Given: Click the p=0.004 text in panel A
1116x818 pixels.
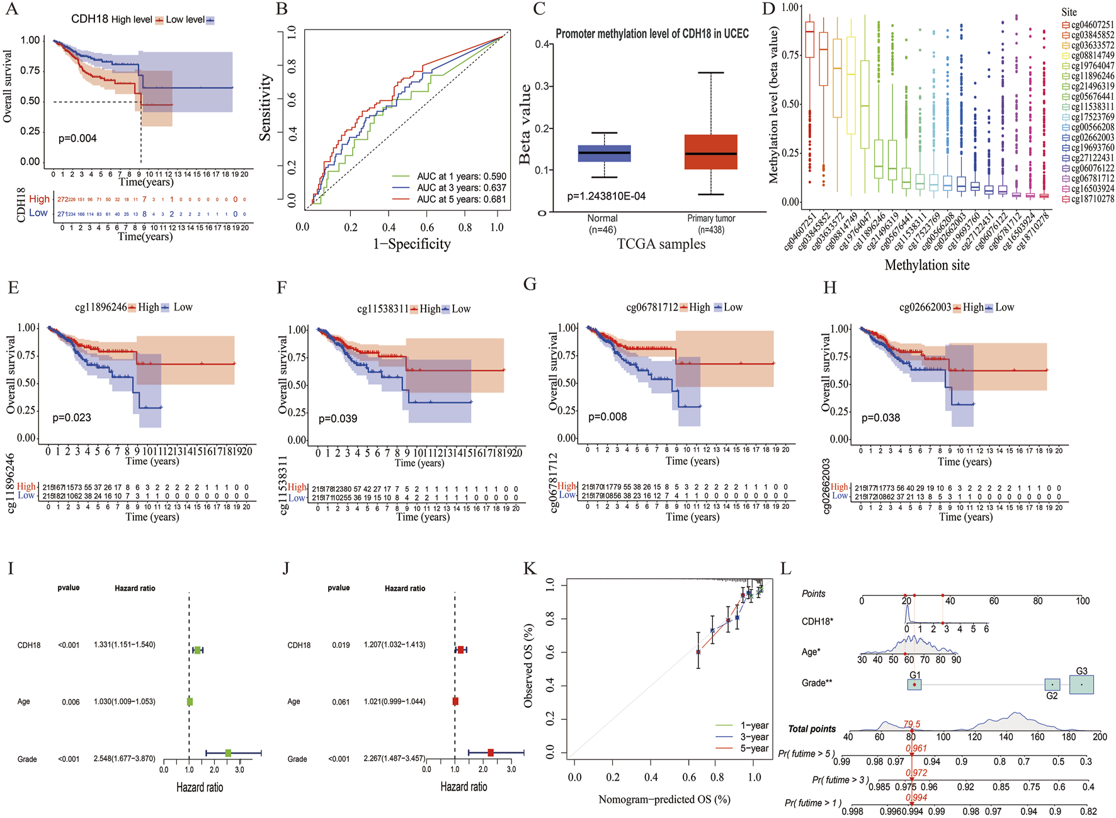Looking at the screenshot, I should tap(77, 139).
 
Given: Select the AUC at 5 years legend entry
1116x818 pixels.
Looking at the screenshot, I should tap(461, 199).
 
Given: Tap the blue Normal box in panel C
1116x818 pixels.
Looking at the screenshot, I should tap(604, 153).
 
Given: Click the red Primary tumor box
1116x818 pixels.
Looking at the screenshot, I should tap(710, 152).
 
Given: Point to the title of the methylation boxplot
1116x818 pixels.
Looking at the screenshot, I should tap(652, 34).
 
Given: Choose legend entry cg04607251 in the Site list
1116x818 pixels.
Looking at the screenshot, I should tap(1091, 25).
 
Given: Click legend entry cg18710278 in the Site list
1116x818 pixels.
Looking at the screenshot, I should tap(1091, 199).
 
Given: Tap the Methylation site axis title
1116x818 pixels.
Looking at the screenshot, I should tap(927, 265).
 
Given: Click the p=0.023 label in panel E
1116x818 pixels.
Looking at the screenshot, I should tap(72, 418).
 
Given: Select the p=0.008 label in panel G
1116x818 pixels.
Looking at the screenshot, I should tap(607, 417).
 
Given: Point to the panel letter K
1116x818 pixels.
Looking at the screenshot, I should tap(530, 569).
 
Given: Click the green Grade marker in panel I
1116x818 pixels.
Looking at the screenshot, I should tap(228, 753).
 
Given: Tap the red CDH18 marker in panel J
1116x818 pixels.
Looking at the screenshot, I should tap(460, 650).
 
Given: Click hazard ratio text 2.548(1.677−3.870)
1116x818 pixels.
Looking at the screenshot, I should tap(125, 759).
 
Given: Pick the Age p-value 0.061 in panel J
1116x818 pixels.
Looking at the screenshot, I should tap(341, 702).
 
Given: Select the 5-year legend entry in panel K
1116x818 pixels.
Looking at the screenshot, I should tap(754, 749).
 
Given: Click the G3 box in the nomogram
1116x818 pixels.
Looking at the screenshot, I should tap(1081, 684).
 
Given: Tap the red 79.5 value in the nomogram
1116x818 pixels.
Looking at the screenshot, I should tap(912, 724).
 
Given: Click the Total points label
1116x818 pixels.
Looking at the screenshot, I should tap(812, 729).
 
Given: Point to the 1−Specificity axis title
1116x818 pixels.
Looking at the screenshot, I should tap(412, 244).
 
